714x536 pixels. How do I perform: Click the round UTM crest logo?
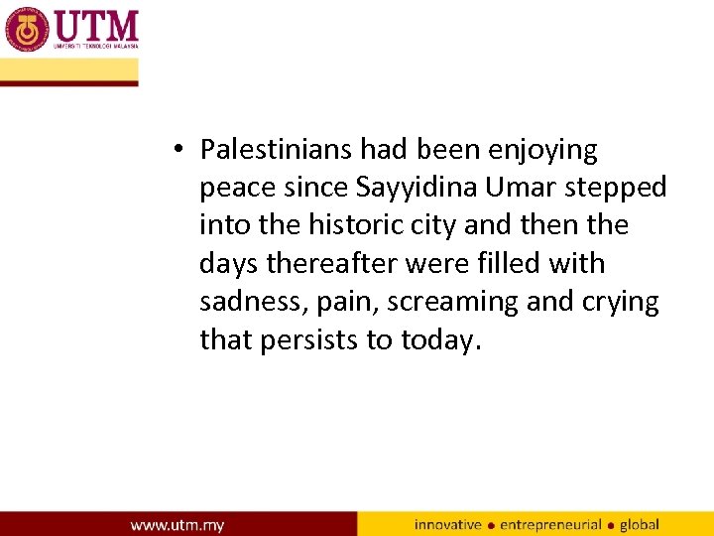pos(27,29)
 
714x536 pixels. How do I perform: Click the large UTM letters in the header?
pos(96,25)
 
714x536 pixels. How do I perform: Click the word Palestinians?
pos(277,150)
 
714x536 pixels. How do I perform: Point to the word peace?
pos(236,188)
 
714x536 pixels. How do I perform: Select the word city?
pos(432,226)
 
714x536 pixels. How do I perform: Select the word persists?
pos(309,339)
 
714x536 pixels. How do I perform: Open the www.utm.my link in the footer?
pos(178,524)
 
